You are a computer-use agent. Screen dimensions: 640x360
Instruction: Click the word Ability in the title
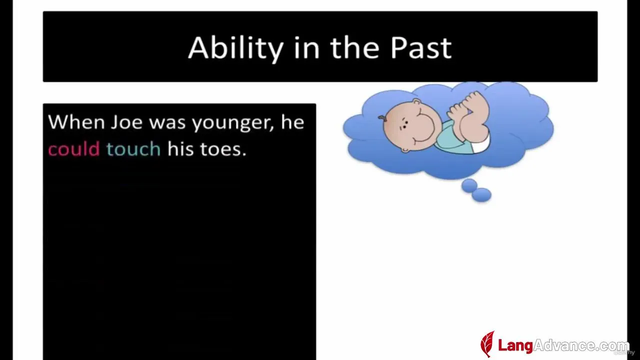click(x=236, y=48)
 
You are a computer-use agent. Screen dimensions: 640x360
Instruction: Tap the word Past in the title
click(x=421, y=47)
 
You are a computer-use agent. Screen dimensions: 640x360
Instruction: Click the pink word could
click(x=73, y=149)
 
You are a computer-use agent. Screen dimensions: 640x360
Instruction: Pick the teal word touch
click(x=133, y=149)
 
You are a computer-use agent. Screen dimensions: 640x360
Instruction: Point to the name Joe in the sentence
click(x=126, y=122)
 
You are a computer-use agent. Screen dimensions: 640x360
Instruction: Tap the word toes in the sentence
click(x=223, y=149)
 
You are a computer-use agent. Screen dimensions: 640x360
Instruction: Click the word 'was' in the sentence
click(x=167, y=123)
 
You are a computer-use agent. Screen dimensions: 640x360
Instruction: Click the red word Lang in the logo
click(x=515, y=345)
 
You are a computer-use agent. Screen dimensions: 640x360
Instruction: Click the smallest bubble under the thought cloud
click(x=469, y=185)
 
